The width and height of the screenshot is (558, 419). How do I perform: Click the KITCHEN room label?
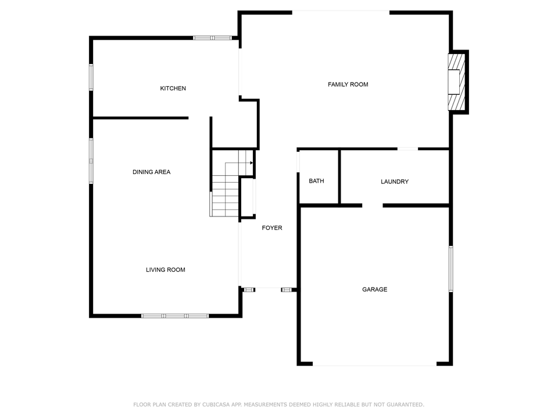click(173, 88)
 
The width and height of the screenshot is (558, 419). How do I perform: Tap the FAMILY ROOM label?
click(348, 84)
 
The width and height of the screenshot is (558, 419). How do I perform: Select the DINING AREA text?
click(151, 172)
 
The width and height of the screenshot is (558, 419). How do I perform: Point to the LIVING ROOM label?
click(165, 270)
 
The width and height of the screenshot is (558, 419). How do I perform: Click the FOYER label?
click(271, 228)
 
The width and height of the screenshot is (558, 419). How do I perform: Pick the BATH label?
click(316, 181)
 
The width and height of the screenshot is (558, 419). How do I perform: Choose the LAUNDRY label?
click(394, 182)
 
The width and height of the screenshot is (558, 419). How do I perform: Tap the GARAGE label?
click(374, 290)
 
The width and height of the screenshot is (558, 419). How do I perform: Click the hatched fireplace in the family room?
click(457, 82)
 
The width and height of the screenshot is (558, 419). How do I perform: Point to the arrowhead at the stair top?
click(251, 163)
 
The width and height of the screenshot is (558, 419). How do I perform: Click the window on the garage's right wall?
click(450, 268)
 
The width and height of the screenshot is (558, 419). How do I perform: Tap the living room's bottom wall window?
click(174, 315)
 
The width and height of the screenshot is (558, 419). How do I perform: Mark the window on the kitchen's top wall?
click(212, 38)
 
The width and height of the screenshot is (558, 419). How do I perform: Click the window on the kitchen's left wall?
click(91, 77)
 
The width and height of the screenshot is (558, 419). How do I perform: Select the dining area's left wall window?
click(91, 160)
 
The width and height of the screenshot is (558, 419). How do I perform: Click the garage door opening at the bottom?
click(374, 365)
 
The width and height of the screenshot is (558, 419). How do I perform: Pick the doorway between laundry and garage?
click(373, 205)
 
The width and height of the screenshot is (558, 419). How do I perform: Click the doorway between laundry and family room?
click(407, 149)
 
